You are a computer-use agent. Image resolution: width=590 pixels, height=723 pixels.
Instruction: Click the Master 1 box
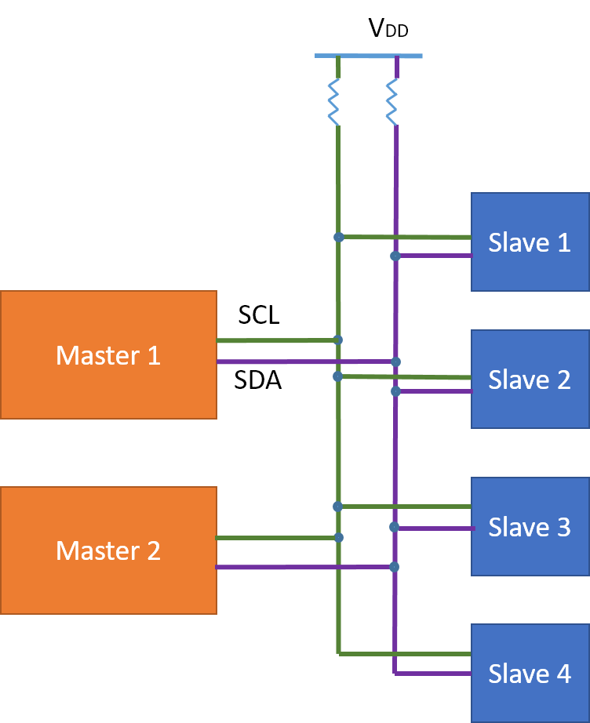(x=108, y=355)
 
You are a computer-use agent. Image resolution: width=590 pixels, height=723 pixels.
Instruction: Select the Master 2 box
(x=108, y=550)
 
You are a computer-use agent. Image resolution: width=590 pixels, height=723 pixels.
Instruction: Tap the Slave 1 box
(x=530, y=242)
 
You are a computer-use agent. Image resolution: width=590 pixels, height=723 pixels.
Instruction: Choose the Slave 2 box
(x=530, y=380)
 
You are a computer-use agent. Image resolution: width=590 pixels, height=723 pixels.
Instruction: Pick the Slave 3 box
(x=530, y=527)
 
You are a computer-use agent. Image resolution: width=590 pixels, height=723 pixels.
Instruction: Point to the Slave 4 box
(x=530, y=674)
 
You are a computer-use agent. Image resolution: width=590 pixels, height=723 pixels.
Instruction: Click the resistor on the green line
(x=334, y=102)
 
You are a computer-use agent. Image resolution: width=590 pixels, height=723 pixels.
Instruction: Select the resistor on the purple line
(x=392, y=102)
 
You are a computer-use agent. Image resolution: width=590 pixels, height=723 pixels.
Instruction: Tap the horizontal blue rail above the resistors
(x=368, y=56)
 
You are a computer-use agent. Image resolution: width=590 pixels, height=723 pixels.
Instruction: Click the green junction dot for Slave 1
(x=338, y=237)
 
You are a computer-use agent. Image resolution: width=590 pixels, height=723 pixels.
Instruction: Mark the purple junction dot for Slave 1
(x=395, y=256)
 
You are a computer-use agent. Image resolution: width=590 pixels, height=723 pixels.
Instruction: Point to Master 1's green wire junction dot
(x=338, y=340)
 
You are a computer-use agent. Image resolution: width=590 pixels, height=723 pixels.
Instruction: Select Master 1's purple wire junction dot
(x=395, y=361)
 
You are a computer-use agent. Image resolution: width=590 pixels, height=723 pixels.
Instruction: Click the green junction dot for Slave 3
(x=338, y=507)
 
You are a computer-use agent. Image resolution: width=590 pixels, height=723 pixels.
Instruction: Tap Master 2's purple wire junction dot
(x=395, y=566)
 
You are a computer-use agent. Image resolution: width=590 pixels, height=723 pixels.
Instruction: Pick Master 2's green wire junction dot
(x=338, y=537)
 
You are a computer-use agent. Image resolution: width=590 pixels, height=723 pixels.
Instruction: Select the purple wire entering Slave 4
(x=432, y=673)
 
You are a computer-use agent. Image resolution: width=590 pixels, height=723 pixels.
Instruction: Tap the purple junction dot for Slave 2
(x=395, y=391)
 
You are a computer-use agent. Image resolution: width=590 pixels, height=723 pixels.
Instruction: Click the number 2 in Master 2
(x=152, y=550)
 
